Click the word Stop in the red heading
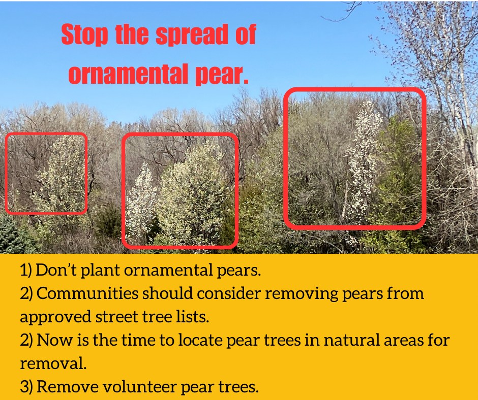pyautogui.click(x=84, y=35)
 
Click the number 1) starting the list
pyautogui.click(x=26, y=270)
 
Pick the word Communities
pyautogui.click(x=87, y=293)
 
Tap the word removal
pyautogui.click(x=53, y=363)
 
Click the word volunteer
pyautogui.click(x=139, y=386)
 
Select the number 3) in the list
pyautogui.click(x=26, y=387)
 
